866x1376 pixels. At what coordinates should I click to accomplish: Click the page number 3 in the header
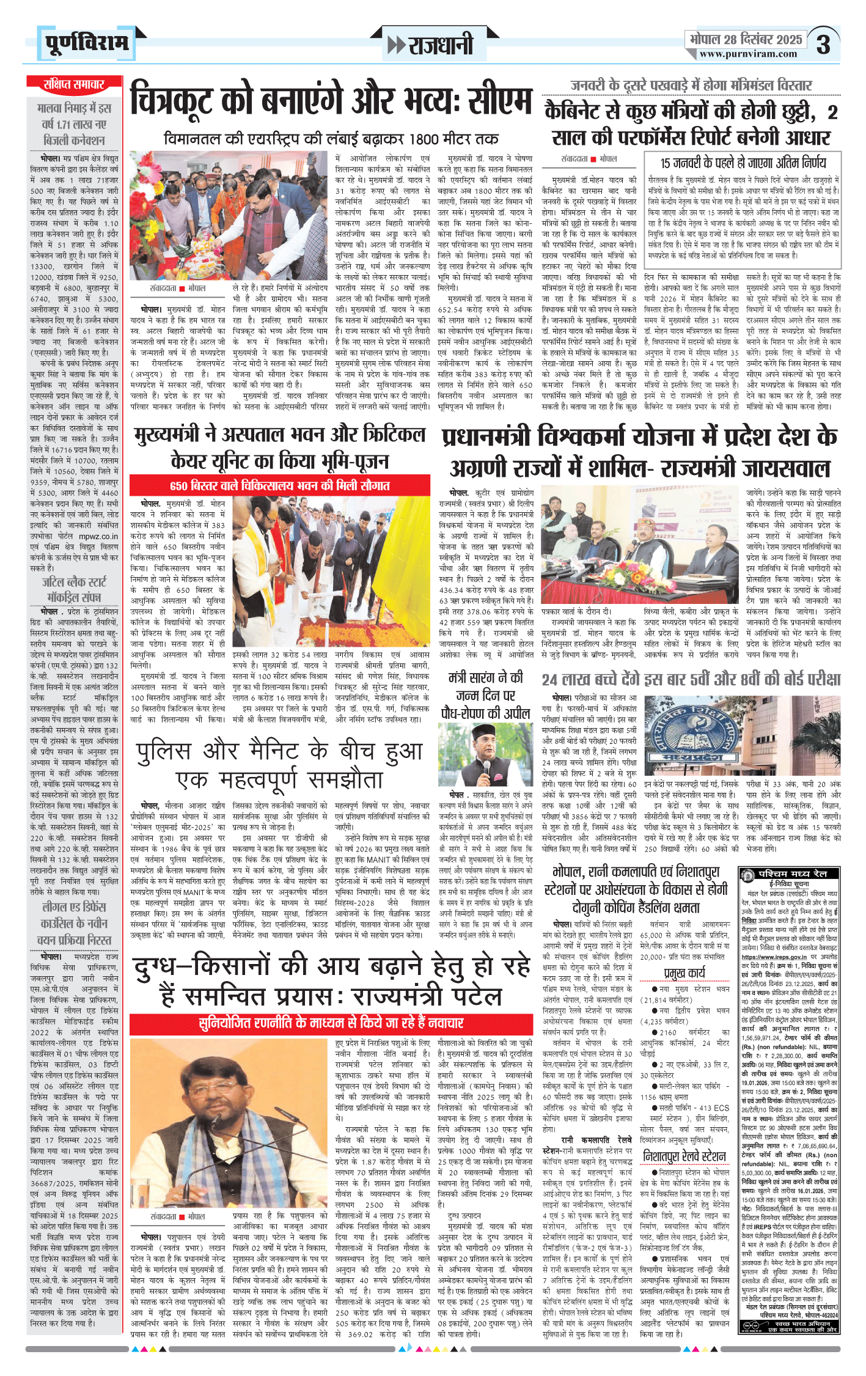(824, 45)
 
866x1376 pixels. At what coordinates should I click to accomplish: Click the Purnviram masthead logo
(87, 43)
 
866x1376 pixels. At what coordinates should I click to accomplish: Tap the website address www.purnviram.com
(748, 54)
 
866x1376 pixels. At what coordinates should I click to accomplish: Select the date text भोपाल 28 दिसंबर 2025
(746, 39)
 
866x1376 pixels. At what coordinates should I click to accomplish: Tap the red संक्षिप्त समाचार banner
(74, 84)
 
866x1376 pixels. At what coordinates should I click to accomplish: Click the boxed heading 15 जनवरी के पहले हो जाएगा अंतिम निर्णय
(743, 163)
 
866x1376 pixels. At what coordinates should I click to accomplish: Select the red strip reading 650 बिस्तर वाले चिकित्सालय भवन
(280, 486)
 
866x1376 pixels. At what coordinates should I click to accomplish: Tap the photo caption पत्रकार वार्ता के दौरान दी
(576, 611)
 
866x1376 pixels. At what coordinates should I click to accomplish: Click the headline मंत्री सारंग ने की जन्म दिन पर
(486, 695)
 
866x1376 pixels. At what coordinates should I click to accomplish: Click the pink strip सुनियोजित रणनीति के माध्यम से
(331, 1023)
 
